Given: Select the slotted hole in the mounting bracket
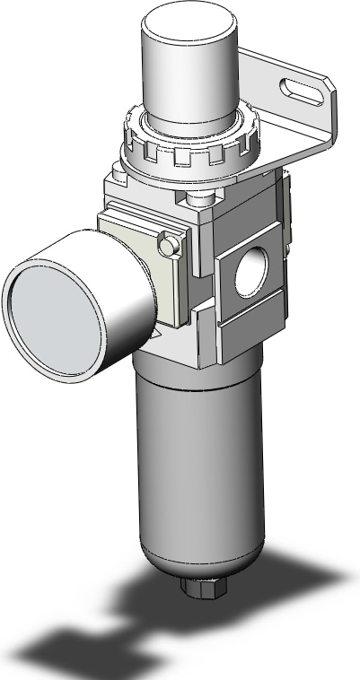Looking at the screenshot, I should point(302,89).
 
